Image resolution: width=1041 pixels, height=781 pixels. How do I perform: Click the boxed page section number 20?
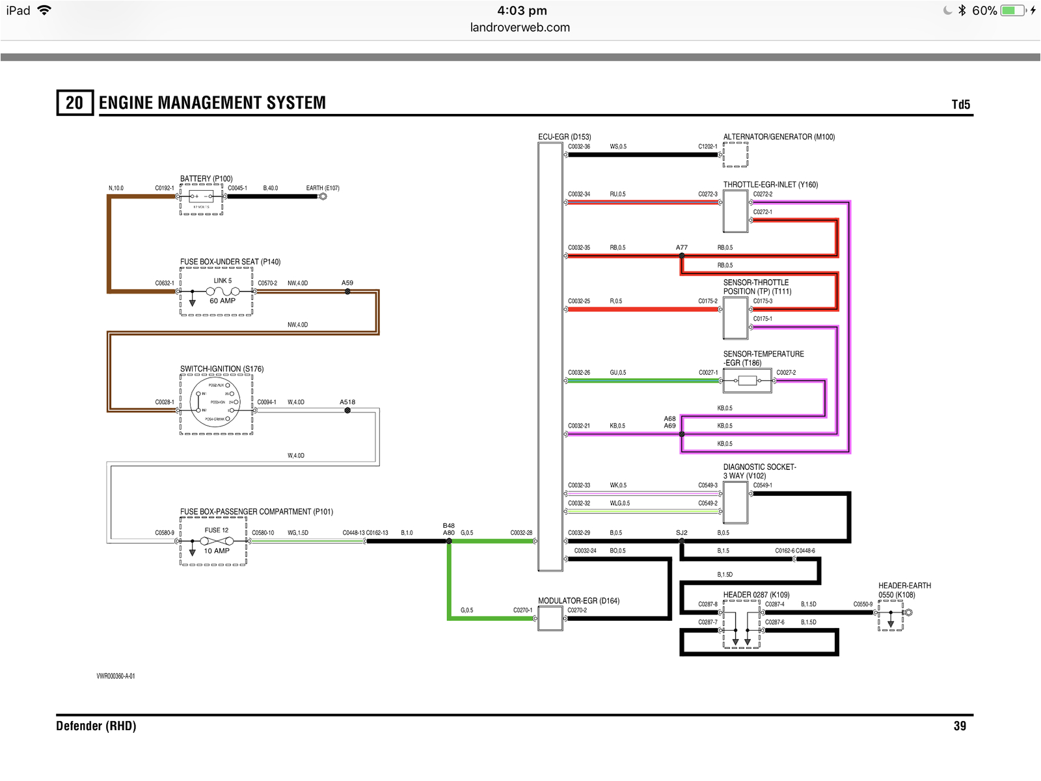(75, 103)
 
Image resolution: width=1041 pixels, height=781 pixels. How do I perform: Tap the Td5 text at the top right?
(960, 105)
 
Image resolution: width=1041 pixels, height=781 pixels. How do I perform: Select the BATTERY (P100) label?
(206, 178)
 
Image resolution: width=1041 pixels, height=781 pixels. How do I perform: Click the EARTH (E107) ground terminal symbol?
(323, 196)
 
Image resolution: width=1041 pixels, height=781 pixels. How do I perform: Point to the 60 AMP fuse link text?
(223, 301)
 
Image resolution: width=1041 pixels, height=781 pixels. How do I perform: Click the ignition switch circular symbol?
(215, 402)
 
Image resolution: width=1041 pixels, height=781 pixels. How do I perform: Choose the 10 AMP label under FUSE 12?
(217, 551)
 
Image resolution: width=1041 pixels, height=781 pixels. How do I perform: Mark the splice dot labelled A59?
(347, 292)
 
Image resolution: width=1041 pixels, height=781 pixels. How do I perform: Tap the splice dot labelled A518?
(347, 411)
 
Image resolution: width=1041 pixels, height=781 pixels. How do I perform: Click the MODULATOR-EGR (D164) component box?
(550, 618)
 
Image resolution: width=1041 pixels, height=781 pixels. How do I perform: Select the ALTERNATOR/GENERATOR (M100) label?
(779, 137)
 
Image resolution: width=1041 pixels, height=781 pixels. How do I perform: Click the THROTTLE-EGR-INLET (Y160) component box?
(735, 211)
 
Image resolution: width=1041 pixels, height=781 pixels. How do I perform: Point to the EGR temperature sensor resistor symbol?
(748, 381)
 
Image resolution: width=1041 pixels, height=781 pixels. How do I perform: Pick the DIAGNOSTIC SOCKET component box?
(735, 502)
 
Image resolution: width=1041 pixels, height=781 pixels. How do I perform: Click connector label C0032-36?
(579, 146)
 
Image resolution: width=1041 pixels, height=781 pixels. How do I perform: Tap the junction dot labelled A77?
(682, 256)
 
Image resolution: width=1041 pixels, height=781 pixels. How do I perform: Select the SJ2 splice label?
(681, 532)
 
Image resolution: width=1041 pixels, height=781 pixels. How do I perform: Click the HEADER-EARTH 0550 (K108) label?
(904, 590)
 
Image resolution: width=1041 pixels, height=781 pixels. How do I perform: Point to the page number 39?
(960, 726)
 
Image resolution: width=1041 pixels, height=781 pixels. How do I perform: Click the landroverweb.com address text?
(520, 27)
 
